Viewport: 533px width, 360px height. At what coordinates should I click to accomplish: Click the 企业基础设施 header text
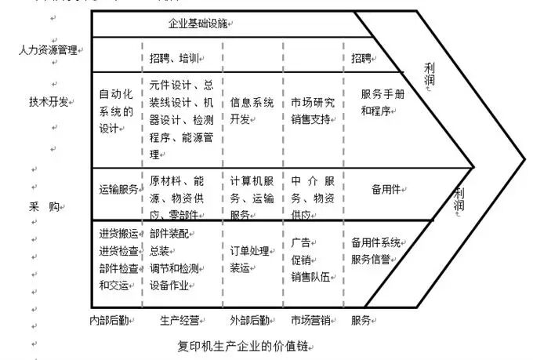pyautogui.click(x=205, y=26)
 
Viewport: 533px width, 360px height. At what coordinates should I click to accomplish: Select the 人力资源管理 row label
pyautogui.click(x=48, y=50)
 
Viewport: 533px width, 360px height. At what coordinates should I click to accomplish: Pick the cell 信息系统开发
pyautogui.click(x=252, y=110)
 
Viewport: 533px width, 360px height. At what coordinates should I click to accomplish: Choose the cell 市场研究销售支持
pyautogui.click(x=312, y=110)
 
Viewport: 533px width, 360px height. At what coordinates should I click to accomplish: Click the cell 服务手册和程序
pyautogui.click(x=383, y=102)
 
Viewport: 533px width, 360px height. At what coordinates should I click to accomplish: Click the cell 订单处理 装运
pyautogui.click(x=250, y=258)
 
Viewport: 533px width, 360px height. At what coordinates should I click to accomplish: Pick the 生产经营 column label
pyautogui.click(x=179, y=320)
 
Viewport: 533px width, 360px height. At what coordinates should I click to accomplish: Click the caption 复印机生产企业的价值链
pyautogui.click(x=245, y=345)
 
